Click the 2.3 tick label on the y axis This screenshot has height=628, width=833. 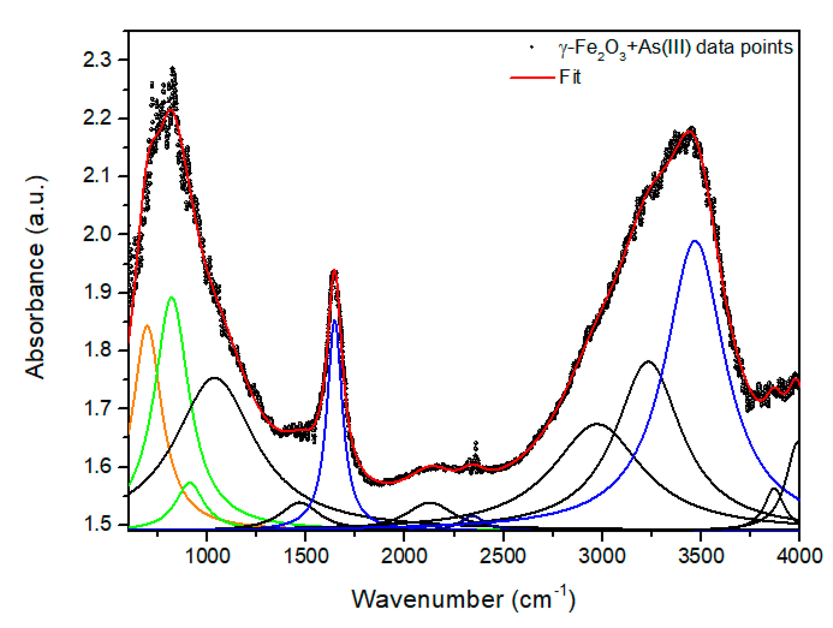97,60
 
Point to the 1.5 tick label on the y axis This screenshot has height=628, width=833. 97,524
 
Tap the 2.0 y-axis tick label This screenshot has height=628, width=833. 97,234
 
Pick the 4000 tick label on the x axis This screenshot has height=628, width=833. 799,556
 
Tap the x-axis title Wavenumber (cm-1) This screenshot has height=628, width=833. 463,599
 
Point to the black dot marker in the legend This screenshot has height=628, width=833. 532,47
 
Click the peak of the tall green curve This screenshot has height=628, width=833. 172,297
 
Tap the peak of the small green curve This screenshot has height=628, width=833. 190,482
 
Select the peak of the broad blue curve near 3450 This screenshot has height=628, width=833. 695,241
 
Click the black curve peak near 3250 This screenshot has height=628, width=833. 648,361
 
